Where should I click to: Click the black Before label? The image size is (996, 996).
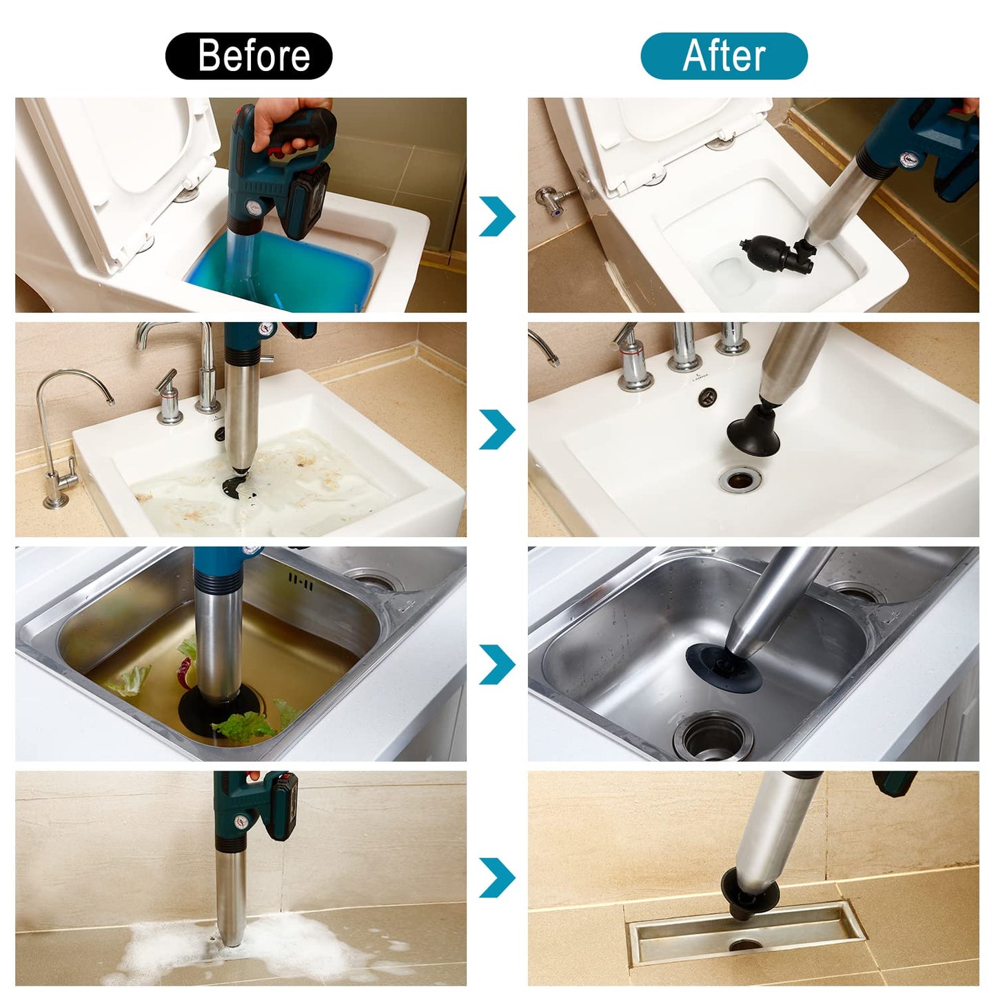(249, 56)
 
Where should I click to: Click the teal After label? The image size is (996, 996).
(724, 56)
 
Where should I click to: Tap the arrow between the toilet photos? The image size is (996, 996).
(497, 216)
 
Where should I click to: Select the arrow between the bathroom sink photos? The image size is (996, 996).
(497, 429)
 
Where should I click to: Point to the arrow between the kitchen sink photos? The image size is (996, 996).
(497, 664)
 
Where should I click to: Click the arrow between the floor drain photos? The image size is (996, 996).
(497, 877)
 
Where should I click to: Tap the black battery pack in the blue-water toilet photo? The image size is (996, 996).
(309, 201)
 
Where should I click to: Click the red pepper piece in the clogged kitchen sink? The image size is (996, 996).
(185, 673)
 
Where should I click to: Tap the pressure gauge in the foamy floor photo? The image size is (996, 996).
(240, 822)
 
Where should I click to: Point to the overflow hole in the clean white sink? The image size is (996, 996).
(707, 396)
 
